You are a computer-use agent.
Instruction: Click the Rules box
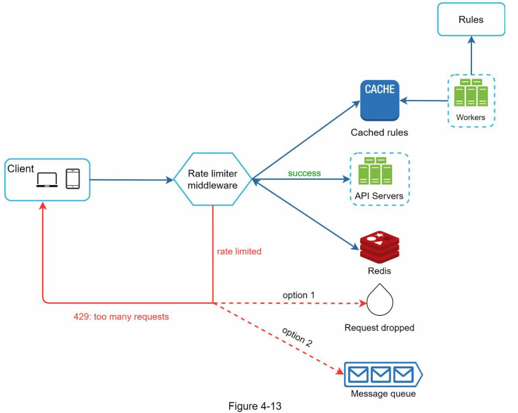coord(471,20)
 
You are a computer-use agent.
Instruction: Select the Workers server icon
coord(471,93)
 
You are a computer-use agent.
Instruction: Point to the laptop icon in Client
coord(47,180)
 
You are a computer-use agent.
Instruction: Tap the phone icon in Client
coord(73,179)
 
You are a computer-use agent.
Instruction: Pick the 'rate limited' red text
coord(239,252)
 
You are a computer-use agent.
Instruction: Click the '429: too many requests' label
coord(121,317)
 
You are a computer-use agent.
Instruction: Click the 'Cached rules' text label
coord(380,133)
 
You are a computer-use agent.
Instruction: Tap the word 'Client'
coord(21,169)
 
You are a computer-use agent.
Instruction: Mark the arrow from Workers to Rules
coord(471,57)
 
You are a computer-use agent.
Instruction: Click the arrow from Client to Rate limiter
coord(130,179)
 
